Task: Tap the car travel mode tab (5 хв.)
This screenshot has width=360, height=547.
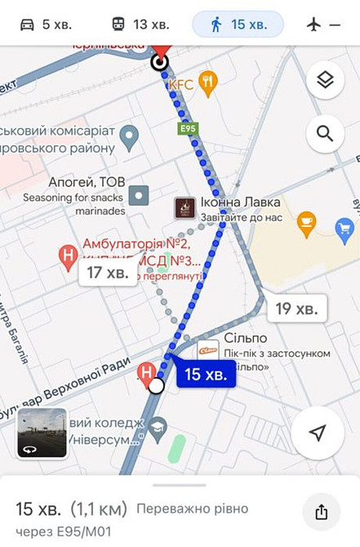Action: pyautogui.click(x=46, y=24)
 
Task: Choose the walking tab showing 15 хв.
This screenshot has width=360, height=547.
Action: pyautogui.click(x=238, y=24)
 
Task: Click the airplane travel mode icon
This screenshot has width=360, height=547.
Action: pyautogui.click(x=314, y=24)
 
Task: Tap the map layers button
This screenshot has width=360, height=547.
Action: pyautogui.click(x=325, y=80)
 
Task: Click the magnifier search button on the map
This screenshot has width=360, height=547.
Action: pyautogui.click(x=325, y=133)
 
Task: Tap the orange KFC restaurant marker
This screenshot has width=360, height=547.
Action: pyautogui.click(x=208, y=82)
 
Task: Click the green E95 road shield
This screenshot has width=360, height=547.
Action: pyautogui.click(x=189, y=127)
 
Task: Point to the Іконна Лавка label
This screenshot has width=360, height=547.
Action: pyautogui.click(x=240, y=202)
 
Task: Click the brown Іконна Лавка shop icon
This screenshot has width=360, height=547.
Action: pyautogui.click(x=184, y=208)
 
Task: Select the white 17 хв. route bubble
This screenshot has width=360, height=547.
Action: pyautogui.click(x=107, y=273)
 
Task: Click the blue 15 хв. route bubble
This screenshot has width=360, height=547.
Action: pyautogui.click(x=204, y=374)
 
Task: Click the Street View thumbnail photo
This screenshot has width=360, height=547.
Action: pyautogui.click(x=42, y=433)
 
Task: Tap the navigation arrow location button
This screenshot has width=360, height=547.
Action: pyautogui.click(x=318, y=433)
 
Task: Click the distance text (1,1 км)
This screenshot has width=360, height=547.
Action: pyautogui.click(x=99, y=509)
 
